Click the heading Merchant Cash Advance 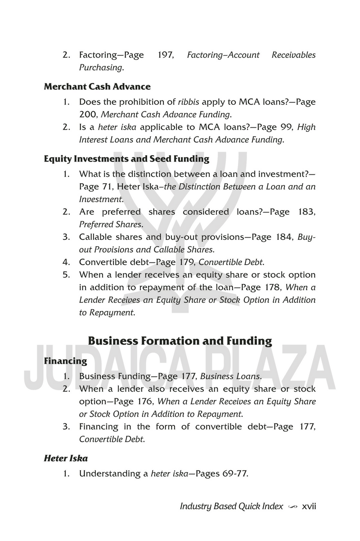pos(97,86)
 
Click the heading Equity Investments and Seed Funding pos(126,158)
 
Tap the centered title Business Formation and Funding pos(180,341)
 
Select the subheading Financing pos(65,361)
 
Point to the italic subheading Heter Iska pos(66,459)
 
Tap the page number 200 pos(87,114)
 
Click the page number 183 pos(306,212)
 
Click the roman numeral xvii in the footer pos(310,506)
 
